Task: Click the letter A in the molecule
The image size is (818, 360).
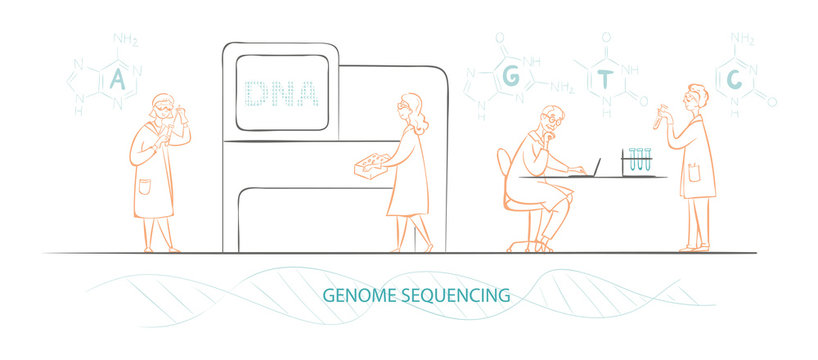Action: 117,79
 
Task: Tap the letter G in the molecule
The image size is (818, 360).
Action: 510,78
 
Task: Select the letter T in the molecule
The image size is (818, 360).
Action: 605,81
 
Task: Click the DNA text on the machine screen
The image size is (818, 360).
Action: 281,93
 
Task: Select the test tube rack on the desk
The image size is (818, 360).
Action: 639,163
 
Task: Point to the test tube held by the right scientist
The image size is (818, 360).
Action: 659,115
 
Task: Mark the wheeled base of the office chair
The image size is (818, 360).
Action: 530,244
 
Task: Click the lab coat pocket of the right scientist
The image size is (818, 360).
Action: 694,172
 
